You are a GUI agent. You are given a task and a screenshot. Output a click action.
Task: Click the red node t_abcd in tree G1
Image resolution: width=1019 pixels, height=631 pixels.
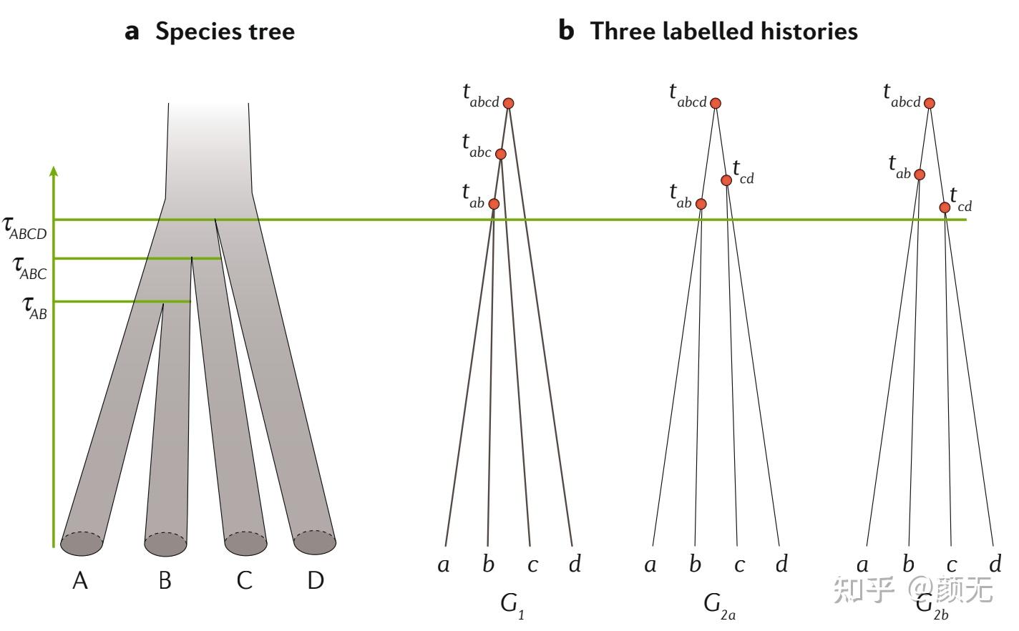tap(508, 103)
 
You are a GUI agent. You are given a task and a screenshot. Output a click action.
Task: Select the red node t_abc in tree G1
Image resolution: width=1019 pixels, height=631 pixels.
tap(500, 154)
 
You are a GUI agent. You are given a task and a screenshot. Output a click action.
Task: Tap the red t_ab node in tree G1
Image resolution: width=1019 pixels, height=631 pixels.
tap(493, 204)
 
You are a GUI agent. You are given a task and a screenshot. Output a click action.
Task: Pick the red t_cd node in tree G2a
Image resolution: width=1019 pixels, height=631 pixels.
tap(726, 180)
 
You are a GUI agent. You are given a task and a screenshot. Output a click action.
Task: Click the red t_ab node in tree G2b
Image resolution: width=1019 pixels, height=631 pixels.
tap(920, 175)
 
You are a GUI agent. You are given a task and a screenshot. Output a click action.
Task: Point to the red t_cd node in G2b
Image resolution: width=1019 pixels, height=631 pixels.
tap(945, 207)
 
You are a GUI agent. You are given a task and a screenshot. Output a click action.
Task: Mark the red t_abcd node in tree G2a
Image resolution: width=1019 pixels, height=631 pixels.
tap(715, 103)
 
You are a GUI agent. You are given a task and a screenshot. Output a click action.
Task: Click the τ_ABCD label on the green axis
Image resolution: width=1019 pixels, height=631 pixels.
tap(25, 228)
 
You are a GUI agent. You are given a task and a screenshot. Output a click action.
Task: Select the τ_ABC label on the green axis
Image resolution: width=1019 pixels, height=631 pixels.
tap(30, 268)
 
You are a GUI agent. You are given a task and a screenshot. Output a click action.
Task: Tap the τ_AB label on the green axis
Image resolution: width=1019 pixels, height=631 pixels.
tap(35, 308)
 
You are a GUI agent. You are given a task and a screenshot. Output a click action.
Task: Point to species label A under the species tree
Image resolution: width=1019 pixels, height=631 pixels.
tap(80, 580)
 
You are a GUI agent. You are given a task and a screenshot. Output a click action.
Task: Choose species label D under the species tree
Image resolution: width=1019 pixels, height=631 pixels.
tap(316, 580)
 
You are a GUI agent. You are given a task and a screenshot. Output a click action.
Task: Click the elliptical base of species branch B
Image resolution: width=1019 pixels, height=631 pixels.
tap(165, 544)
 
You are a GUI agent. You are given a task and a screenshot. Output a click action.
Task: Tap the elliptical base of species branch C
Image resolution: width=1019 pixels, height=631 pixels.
tap(245, 544)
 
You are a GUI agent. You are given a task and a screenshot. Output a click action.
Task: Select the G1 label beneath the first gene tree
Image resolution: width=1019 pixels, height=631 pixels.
tap(512, 605)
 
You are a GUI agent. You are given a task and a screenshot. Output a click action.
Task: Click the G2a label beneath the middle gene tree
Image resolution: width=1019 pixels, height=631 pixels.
tap(718, 605)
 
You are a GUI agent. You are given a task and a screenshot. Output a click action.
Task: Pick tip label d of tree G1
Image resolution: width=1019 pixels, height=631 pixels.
tap(575, 564)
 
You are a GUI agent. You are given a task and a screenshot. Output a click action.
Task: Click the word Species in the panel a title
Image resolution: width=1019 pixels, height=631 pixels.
tap(195, 31)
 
